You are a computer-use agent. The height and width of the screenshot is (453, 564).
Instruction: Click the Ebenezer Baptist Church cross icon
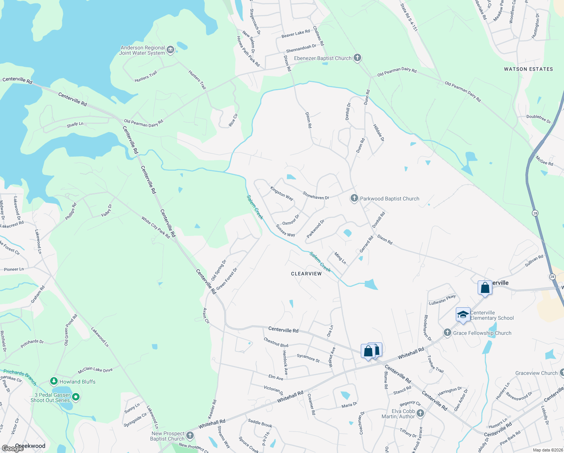pos(357,58)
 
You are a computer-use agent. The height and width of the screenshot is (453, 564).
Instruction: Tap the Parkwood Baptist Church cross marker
pos(354,198)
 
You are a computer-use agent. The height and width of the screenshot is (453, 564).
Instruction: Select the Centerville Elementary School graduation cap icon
pos(463,314)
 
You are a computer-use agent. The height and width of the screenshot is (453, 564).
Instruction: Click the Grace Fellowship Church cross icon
pos(447,333)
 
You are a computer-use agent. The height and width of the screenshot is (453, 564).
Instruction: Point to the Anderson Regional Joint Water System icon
pos(170,50)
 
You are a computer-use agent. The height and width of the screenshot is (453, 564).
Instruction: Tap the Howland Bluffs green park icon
pos(54,381)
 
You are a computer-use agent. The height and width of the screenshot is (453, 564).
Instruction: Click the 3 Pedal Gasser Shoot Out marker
pos(76,397)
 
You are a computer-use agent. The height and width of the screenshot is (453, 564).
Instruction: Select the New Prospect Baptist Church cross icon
pos(190,436)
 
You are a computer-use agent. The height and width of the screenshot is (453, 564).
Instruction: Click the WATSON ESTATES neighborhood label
pos(528,69)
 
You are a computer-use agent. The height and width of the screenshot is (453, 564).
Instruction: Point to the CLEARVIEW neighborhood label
pos(306,274)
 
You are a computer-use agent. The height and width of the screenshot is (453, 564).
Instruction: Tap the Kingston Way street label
pos(282,193)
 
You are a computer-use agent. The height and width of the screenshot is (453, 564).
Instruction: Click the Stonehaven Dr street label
pos(316,195)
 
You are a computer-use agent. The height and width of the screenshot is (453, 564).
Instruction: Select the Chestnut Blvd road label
pos(276,342)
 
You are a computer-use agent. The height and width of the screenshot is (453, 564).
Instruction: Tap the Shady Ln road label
pos(75,124)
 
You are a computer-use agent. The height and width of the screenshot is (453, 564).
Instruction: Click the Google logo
pos(13,448)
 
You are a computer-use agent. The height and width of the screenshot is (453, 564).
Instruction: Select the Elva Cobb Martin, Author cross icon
pos(420,413)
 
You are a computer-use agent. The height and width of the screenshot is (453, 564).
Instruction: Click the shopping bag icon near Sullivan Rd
pos(485,288)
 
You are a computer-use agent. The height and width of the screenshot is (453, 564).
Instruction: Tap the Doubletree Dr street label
pos(538,119)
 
